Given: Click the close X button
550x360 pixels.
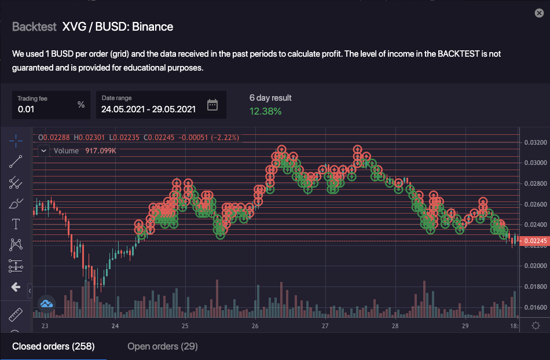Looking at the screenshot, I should (539, 13).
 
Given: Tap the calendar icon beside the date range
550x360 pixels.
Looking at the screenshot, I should (212, 105).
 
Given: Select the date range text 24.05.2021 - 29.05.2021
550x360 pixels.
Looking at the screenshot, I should (148, 109).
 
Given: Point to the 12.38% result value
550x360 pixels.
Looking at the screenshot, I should (265, 111).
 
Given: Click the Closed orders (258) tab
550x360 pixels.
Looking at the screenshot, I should (53, 346).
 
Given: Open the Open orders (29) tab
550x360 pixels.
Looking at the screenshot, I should (162, 346).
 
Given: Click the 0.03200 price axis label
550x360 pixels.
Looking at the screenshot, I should (535, 142).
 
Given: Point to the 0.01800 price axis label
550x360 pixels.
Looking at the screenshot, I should (535, 286).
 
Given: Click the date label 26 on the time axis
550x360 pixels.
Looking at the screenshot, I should (255, 326).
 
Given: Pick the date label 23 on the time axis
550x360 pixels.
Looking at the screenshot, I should (45, 326).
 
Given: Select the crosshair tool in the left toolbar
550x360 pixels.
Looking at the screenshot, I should (16, 141).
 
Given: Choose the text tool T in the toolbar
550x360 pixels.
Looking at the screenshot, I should (16, 224).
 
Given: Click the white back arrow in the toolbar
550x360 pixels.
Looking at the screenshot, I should (16, 286).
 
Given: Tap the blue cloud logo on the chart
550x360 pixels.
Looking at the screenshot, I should (46, 303).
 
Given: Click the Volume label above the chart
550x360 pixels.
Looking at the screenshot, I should (66, 151).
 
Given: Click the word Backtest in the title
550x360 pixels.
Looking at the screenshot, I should (34, 27).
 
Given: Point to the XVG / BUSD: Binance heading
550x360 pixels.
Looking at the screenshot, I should (118, 27).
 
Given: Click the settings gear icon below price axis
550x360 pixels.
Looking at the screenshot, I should (536, 326).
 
